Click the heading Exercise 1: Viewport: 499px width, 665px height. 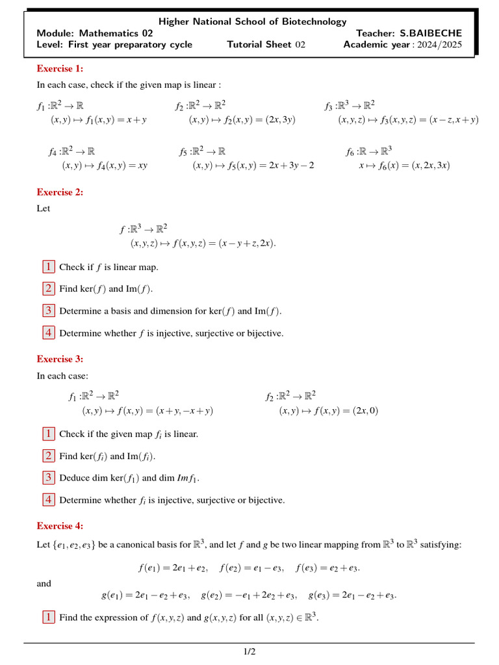(60, 68)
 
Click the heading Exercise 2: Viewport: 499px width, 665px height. (60, 192)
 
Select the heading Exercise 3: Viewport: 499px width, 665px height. (60, 358)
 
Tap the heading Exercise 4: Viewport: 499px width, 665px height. (60, 526)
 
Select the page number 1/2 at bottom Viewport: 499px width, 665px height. (249, 651)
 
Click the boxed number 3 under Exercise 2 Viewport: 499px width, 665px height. (49, 310)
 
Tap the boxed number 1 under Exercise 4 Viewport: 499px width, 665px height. (49, 617)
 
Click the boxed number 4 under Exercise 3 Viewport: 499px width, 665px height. (49, 500)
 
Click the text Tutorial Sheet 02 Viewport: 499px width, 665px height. (266, 45)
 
